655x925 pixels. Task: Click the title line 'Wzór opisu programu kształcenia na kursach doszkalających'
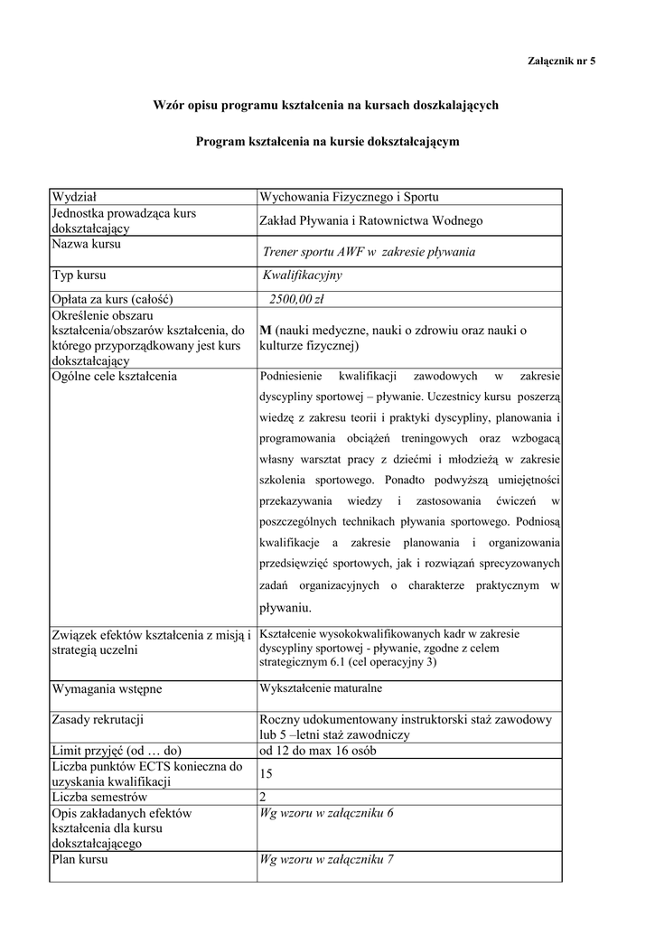[327, 106]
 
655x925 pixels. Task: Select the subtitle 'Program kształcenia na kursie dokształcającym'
[328, 142]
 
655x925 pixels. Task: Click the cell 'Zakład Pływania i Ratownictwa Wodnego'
[370, 220]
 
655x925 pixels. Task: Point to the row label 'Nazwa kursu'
[87, 244]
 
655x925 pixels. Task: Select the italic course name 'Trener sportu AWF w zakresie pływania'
[369, 252]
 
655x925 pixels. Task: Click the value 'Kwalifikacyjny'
[302, 276]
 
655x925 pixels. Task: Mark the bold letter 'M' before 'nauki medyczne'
[266, 331]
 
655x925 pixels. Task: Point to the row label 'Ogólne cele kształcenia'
[114, 376]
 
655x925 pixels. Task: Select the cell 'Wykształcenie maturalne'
[321, 688]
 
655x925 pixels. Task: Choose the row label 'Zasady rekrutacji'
[98, 720]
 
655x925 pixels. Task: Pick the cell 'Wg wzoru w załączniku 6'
[326, 813]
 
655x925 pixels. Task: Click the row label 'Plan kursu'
[80, 860]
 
